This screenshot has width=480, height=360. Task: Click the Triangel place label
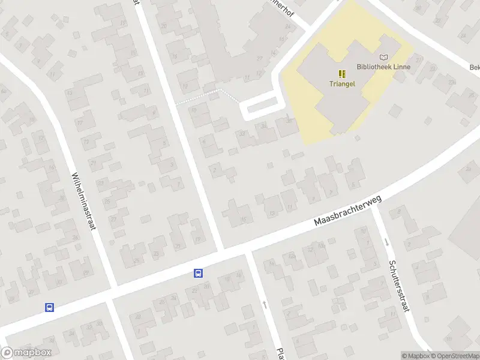point(342,84)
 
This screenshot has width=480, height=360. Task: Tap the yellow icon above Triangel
point(342,74)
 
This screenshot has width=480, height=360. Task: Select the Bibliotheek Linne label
point(383,67)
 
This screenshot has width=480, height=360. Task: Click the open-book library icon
point(383,57)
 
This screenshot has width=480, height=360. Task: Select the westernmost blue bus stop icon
point(49,308)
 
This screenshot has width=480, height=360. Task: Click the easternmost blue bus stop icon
point(198,273)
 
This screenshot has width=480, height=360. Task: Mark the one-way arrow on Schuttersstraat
point(386,242)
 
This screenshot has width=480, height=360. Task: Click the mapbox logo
point(26,353)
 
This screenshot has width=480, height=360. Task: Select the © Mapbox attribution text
point(415,356)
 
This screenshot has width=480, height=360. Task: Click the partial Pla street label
point(280,353)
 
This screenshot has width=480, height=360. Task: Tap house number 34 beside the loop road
point(263,126)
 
